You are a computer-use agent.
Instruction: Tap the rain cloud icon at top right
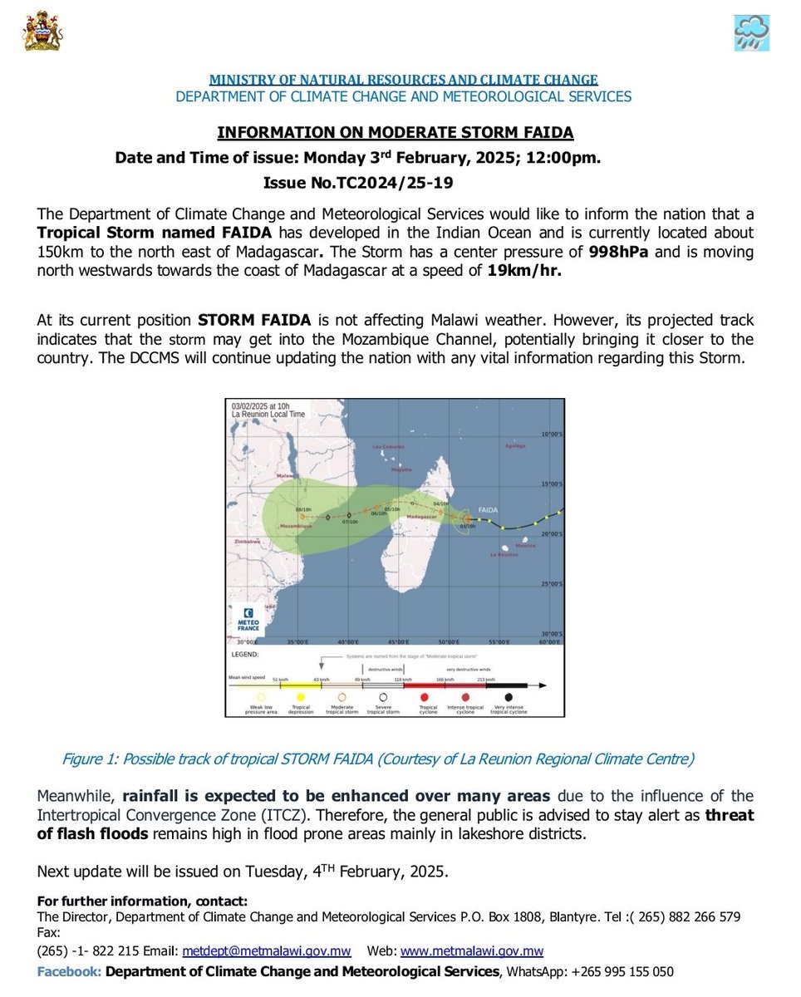(750, 32)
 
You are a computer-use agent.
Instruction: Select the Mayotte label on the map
(401, 469)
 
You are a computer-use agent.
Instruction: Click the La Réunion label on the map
(503, 554)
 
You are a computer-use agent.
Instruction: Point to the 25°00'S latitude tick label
(552, 584)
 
